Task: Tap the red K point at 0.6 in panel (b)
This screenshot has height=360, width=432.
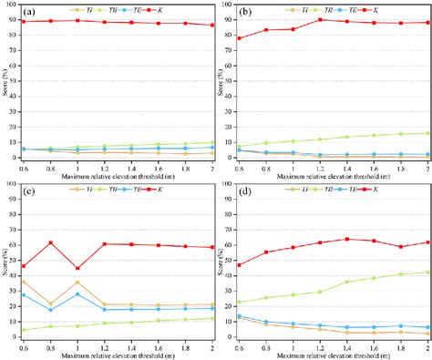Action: click(x=240, y=38)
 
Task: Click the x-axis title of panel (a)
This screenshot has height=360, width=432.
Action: click(x=118, y=173)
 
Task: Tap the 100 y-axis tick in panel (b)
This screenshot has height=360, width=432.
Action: click(x=229, y=6)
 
